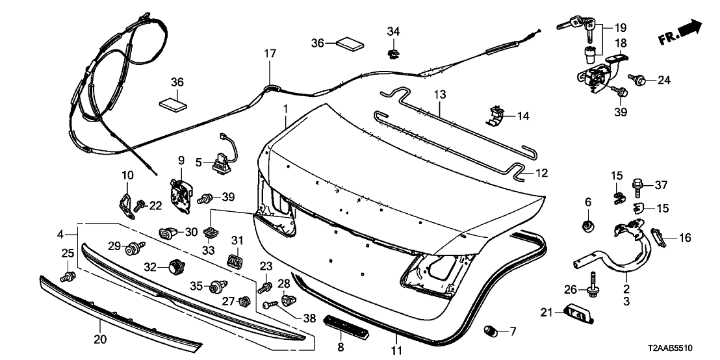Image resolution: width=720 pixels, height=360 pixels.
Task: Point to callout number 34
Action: click(x=394, y=31)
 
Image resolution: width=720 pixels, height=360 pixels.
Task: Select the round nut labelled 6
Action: click(x=588, y=227)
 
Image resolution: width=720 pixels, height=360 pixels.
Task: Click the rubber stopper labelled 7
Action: click(x=492, y=333)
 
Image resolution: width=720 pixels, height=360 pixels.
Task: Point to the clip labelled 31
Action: click(x=233, y=260)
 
